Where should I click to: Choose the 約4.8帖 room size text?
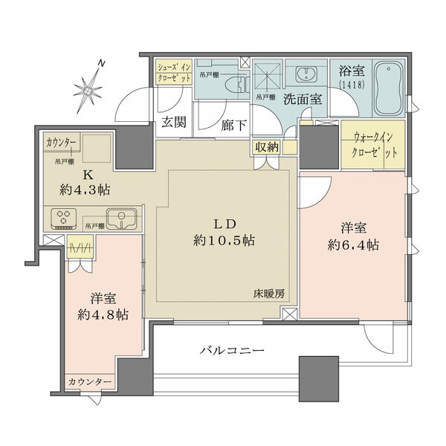click(x=102, y=314)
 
